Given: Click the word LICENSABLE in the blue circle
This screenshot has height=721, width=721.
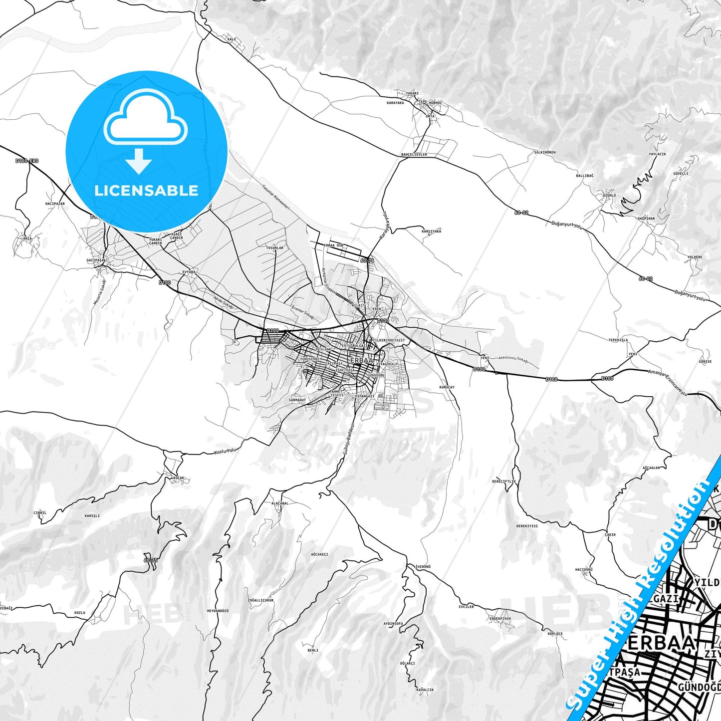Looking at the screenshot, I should [146, 191].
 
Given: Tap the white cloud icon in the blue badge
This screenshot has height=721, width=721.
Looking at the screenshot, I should [145, 121].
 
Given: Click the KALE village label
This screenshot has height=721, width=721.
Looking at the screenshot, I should [231, 39].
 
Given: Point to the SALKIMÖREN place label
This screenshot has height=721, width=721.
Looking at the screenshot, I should [544, 152].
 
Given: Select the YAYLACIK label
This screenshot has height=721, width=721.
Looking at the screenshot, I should [657, 154].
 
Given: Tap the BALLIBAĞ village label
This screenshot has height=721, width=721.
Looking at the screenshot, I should [585, 176].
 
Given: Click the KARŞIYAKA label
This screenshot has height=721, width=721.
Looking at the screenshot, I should [431, 232].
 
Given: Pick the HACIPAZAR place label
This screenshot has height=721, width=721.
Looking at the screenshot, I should [55, 204].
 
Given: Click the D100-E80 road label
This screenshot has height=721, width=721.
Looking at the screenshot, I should [26, 161].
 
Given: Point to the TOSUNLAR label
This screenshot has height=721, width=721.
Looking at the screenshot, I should [274, 247].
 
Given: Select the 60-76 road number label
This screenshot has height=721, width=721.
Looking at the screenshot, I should [367, 260].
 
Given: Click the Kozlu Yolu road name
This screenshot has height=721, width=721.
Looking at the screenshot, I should [224, 451].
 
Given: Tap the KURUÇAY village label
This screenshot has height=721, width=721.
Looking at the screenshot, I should [447, 387].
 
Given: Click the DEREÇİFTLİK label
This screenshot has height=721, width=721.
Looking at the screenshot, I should [504, 481].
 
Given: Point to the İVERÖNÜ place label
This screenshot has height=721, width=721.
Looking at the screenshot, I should [423, 567].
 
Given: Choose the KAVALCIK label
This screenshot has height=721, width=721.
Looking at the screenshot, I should [425, 690].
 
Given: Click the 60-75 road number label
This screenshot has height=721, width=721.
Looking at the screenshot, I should [150, 560].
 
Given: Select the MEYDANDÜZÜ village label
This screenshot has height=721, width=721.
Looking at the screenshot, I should [218, 611].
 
